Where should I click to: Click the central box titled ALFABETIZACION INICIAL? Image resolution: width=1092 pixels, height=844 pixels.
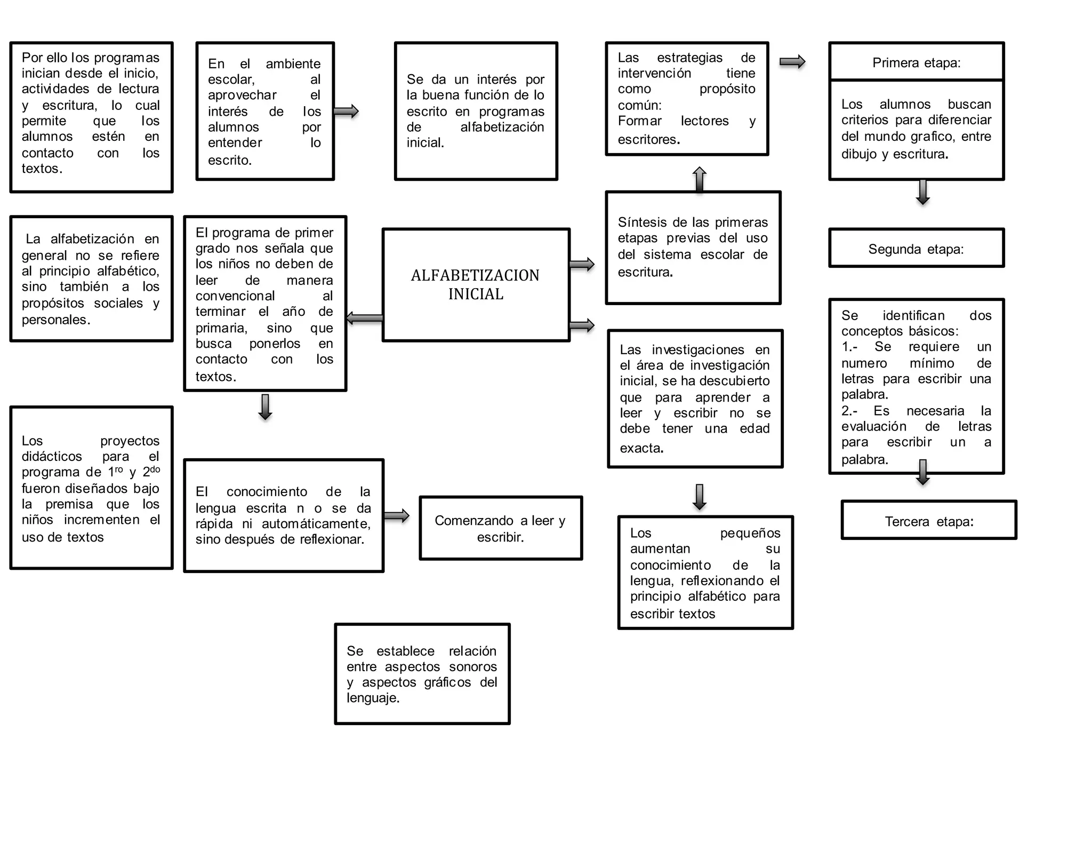pyautogui.click(x=476, y=284)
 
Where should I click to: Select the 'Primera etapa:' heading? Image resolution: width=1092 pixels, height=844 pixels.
pyautogui.click(x=916, y=63)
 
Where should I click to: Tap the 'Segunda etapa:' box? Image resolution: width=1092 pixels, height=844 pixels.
pyautogui.click(x=916, y=249)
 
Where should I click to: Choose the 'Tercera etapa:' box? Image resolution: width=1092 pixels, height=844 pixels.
pyautogui.click(x=929, y=521)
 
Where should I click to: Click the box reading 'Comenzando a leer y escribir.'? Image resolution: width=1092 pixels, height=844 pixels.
pyautogui.click(x=500, y=528)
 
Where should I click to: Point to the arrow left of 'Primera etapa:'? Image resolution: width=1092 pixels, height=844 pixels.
pyautogui.click(x=792, y=62)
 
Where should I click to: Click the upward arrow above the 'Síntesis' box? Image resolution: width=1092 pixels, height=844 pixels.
pyautogui.click(x=699, y=179)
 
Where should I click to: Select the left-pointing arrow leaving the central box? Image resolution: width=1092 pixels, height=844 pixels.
pyautogui.click(x=365, y=319)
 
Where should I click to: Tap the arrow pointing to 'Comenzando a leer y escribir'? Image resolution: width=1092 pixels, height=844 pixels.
pyautogui.click(x=396, y=516)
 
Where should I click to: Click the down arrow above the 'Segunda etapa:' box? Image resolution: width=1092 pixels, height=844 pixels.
pyautogui.click(x=923, y=192)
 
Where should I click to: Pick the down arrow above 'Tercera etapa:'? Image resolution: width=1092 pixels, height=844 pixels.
pyautogui.click(x=923, y=472)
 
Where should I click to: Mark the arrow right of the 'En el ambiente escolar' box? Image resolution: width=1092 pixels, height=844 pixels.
pyautogui.click(x=346, y=112)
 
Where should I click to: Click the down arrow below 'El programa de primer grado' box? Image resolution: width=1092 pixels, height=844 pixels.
pyautogui.click(x=265, y=407)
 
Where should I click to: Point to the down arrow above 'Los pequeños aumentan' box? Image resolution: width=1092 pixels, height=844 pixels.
pyautogui.click(x=699, y=497)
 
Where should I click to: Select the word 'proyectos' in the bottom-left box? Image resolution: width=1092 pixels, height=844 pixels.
pyautogui.click(x=130, y=441)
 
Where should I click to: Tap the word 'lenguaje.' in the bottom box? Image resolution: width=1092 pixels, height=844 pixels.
pyautogui.click(x=373, y=698)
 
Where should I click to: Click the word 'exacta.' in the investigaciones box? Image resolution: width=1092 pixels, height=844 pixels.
pyautogui.click(x=641, y=448)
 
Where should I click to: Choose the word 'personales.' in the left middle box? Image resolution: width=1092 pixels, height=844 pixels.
pyautogui.click(x=56, y=320)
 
